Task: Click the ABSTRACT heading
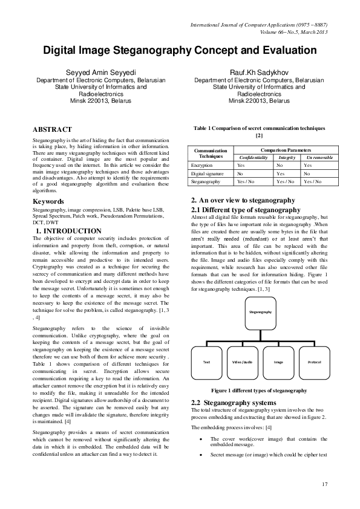(52, 129)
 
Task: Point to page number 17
(324, 484)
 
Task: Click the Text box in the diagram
(206, 361)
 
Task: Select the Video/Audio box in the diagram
(243, 361)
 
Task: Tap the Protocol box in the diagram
(314, 361)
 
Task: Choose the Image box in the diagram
(278, 361)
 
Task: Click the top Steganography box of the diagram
(260, 311)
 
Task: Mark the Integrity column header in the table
(286, 157)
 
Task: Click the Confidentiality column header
(253, 157)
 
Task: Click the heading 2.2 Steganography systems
(234, 403)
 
